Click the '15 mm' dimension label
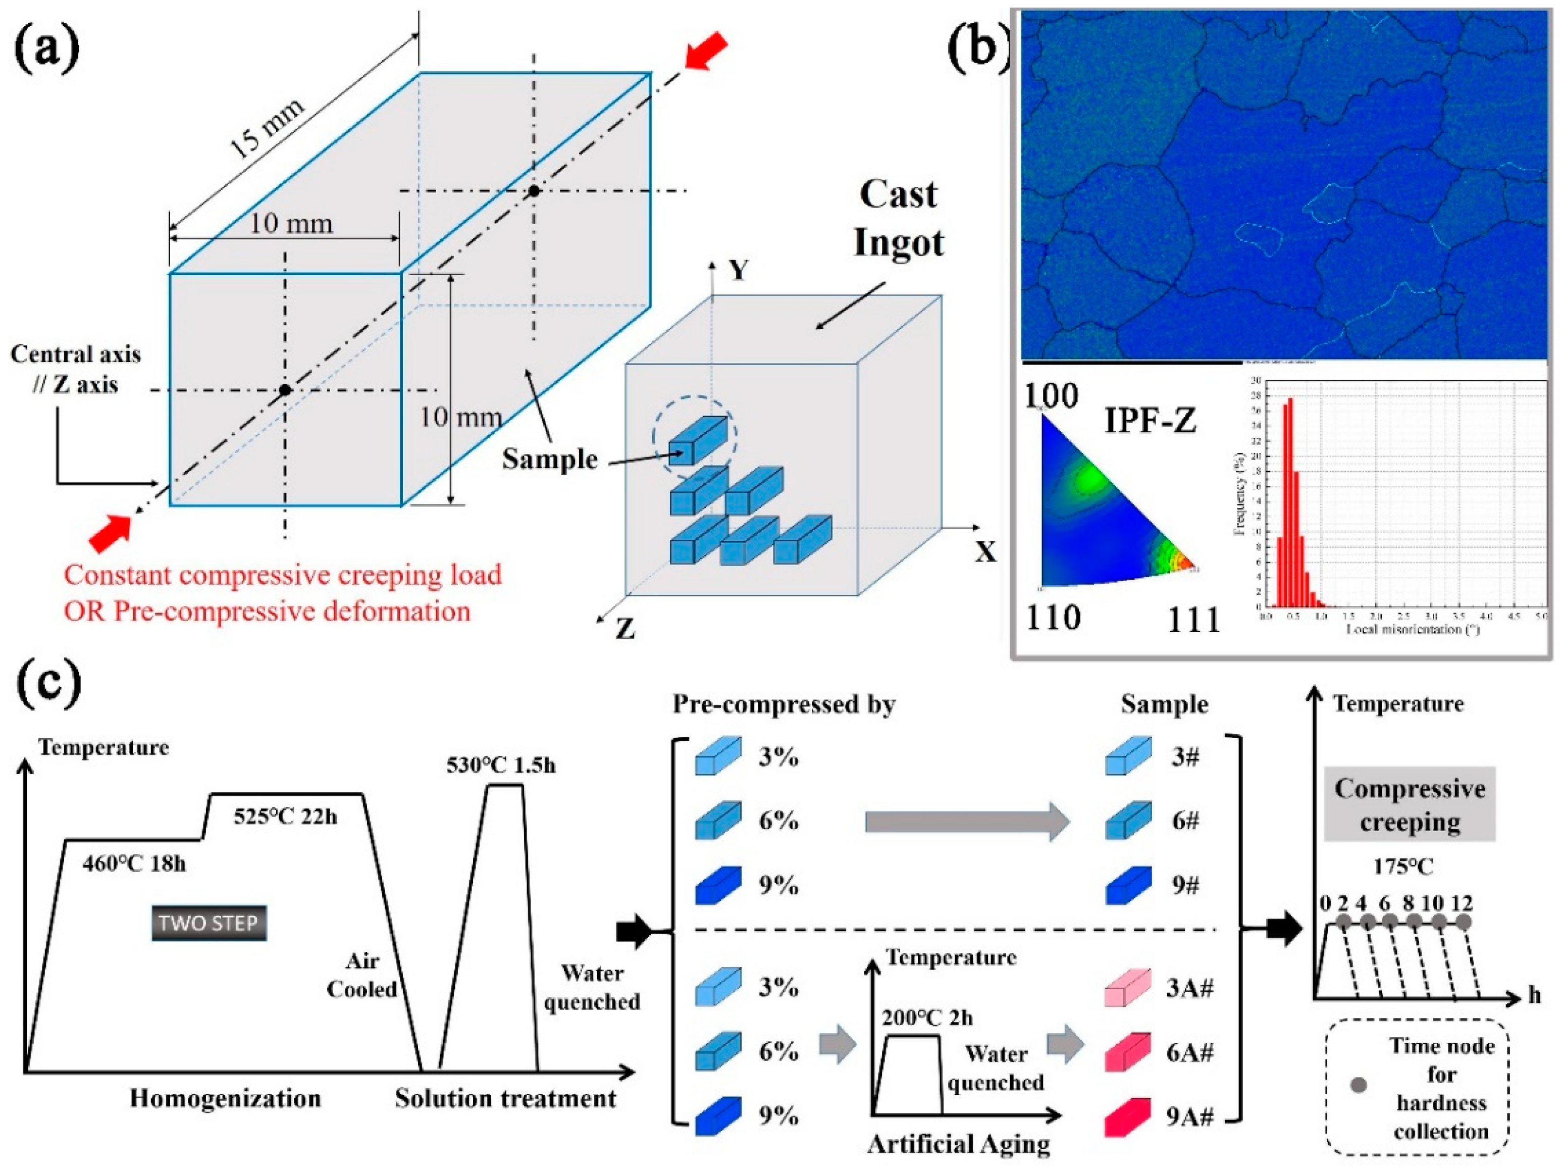point(268,129)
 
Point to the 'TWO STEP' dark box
point(209,923)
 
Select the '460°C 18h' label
point(134,864)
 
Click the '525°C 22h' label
point(285,817)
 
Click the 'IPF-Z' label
point(1150,422)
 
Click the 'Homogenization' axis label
point(225,1098)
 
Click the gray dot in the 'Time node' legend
point(1357,1084)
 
